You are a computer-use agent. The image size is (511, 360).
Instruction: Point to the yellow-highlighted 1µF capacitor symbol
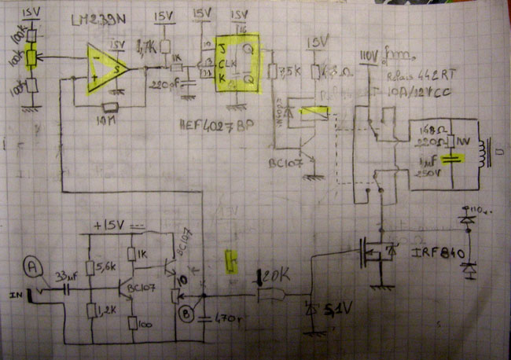tap(450, 158)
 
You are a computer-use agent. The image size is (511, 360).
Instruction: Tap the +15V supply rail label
tap(110, 226)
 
